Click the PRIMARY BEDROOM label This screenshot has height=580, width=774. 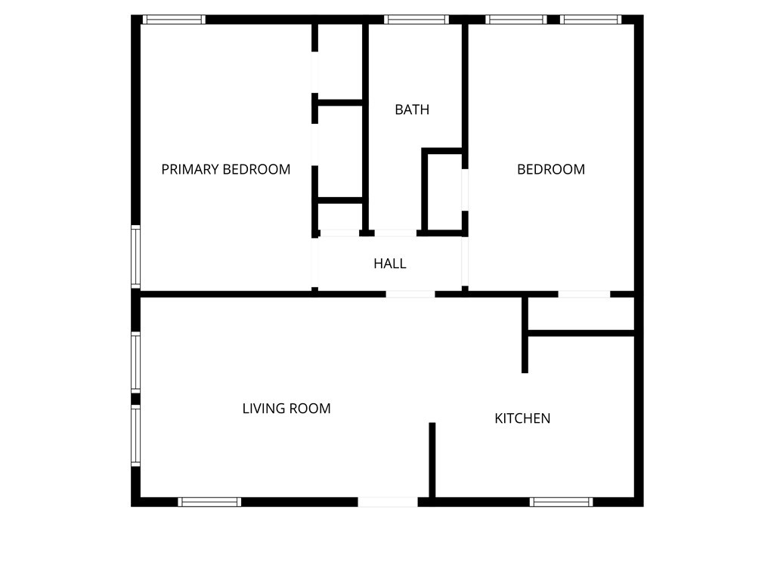click(225, 169)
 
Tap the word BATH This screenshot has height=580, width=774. click(412, 110)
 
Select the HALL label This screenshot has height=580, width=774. click(389, 264)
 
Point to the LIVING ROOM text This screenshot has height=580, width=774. click(286, 409)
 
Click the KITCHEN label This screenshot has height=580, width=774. click(522, 418)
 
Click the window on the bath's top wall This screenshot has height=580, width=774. click(416, 20)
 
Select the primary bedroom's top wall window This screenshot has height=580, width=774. click(174, 20)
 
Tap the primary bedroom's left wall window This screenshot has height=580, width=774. click(136, 257)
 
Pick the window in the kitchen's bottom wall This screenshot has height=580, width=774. click(562, 502)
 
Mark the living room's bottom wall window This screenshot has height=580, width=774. click(209, 502)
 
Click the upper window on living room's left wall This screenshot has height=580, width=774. click(136, 362)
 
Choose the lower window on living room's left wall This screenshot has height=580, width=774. click(136, 436)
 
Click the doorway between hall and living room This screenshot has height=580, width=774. click(410, 295)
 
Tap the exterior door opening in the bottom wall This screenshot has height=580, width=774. click(388, 502)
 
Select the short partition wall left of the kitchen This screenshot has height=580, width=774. click(432, 460)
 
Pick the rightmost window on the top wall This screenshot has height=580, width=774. click(590, 20)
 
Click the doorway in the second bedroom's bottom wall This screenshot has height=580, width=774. click(584, 295)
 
